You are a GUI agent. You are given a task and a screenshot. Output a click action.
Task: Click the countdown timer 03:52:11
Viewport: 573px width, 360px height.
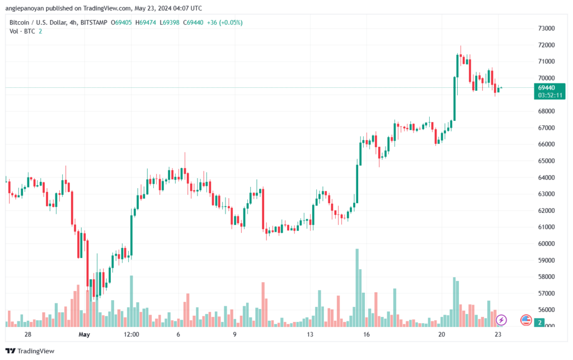550,95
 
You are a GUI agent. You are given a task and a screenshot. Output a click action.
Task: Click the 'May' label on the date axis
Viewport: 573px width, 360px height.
84,334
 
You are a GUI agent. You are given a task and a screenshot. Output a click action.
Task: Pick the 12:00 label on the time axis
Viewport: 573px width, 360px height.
131,334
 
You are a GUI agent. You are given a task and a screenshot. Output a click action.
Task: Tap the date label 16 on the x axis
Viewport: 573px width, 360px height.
366,334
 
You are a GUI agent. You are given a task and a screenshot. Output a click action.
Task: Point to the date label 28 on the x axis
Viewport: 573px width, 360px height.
28,334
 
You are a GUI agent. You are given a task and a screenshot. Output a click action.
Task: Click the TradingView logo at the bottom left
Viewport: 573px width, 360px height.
30,351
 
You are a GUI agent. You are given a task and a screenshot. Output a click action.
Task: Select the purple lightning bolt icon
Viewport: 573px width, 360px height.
501,320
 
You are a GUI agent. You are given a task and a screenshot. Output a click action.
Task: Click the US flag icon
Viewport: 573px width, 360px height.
526,320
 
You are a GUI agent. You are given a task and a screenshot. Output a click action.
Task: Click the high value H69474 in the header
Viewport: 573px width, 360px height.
145,22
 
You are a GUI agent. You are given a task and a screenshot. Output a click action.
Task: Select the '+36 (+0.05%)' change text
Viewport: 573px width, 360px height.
225,22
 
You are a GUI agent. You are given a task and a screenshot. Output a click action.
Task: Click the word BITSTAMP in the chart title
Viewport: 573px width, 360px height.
93,22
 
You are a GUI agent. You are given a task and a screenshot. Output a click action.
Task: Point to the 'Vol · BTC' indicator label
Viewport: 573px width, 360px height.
22,31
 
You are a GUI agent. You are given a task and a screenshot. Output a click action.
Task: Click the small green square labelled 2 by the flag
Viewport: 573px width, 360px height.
539,322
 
